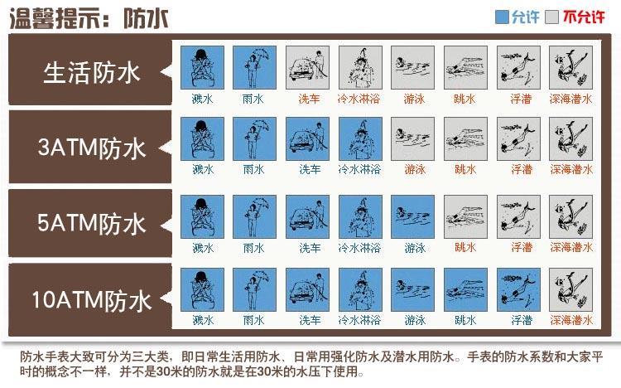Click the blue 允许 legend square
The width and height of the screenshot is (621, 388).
tap(502, 17)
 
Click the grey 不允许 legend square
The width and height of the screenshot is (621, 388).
tap(551, 17)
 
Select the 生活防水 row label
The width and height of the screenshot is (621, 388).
tap(91, 73)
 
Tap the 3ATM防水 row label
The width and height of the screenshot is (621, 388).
tap(92, 148)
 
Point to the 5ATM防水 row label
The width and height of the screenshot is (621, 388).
tap(92, 223)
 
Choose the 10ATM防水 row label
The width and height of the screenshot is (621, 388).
tap(92, 300)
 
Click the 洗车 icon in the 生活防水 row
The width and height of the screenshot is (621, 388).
tap(307, 67)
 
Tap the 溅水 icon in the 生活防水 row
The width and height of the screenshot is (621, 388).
tap(202, 67)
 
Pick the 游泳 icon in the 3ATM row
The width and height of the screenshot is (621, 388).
tap(412, 138)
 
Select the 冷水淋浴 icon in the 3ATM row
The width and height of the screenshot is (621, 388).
tap(360, 138)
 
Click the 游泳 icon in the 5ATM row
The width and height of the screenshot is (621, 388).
tap(412, 216)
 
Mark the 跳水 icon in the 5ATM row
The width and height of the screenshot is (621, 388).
tap(465, 216)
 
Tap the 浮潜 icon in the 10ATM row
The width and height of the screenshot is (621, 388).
tap(518, 289)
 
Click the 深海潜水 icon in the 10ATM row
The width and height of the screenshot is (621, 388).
tap(570, 289)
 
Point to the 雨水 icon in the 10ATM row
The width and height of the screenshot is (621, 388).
tap(254, 289)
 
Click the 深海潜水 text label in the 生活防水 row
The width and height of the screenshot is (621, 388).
tap(570, 99)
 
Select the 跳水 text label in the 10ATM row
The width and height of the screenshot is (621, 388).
tap(465, 320)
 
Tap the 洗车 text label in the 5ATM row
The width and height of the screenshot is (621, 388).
tap(310, 248)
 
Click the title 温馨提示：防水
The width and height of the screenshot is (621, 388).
tap(89, 18)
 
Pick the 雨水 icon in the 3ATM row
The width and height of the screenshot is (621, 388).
tap(254, 138)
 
